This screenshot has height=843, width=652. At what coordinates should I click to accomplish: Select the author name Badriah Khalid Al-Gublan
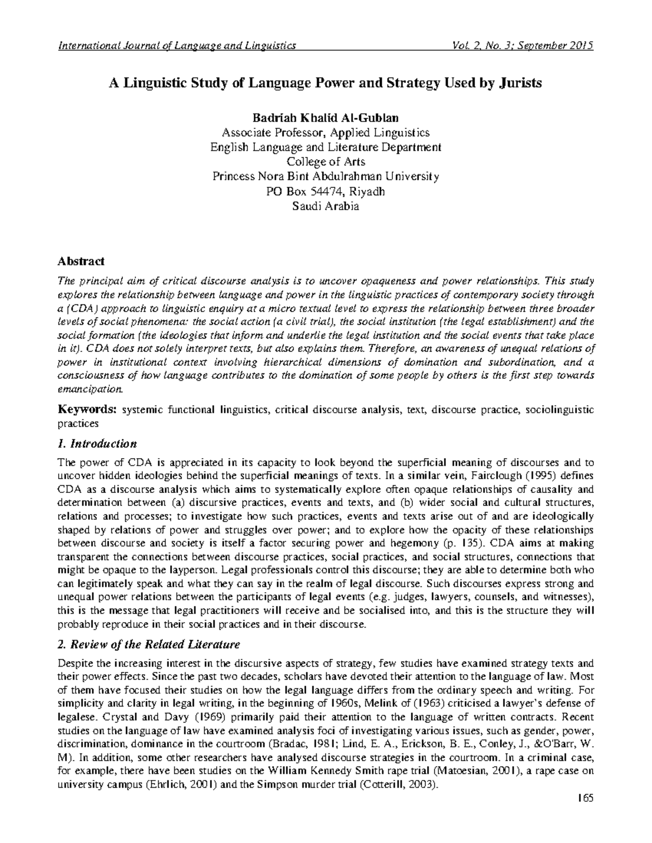[325, 118]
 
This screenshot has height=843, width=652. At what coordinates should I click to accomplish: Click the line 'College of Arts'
[325, 162]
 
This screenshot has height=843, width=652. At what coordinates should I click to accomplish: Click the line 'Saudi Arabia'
[325, 206]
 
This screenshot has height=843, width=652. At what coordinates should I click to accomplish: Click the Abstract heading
[81, 262]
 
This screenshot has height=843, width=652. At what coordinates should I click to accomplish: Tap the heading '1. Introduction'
[97, 443]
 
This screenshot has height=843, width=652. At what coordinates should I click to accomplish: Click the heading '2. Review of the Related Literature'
[148, 645]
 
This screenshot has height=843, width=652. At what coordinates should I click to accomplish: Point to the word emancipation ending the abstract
[90, 389]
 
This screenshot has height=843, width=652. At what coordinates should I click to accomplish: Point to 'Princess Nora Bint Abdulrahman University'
[325, 176]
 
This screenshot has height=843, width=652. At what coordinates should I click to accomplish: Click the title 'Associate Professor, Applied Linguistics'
[325, 132]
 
